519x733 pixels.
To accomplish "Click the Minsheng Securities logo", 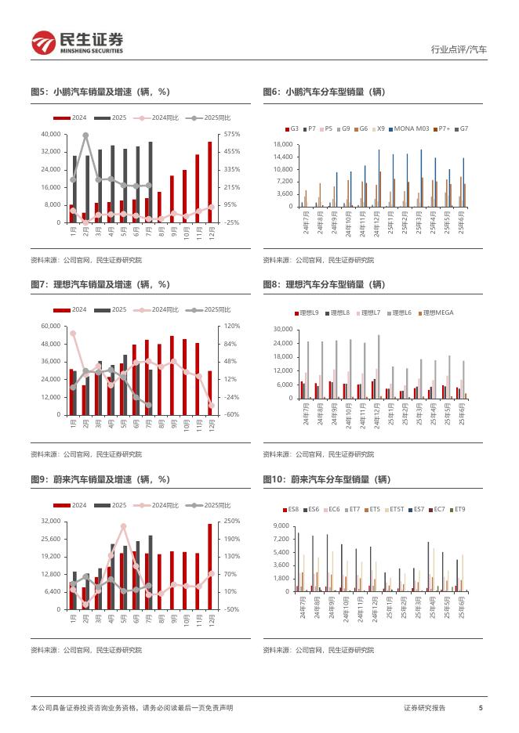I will click(x=76, y=42).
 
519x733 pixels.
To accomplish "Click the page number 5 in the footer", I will click(x=481, y=708).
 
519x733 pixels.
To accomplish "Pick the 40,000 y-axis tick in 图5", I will click(x=49, y=134).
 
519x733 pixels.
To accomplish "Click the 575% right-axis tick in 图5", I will click(x=231, y=134).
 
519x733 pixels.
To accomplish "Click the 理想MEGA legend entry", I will click(x=437, y=312).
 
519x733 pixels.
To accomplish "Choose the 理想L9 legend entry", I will click(x=308, y=312).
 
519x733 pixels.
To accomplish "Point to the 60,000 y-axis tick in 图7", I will click(x=49, y=326).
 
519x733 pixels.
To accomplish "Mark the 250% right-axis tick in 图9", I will click(x=231, y=521).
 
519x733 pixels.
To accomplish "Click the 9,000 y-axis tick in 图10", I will click(x=282, y=525).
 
